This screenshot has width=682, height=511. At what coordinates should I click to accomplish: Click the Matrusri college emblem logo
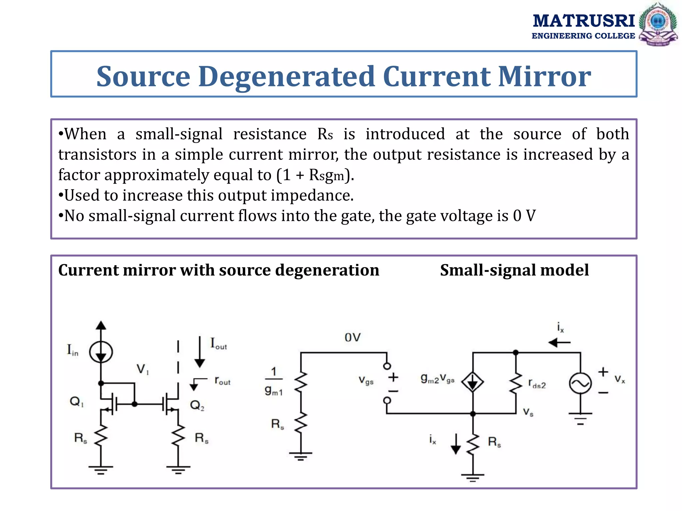tap(658, 24)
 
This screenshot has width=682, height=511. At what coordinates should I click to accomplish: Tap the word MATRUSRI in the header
tap(584, 21)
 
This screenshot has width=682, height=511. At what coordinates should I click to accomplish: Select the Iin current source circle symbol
tap(101, 352)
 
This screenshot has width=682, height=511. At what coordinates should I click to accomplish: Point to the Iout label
tap(218, 343)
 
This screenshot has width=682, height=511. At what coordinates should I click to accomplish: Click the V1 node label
tap(143, 369)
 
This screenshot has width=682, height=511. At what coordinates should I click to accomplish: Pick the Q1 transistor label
tap(77, 402)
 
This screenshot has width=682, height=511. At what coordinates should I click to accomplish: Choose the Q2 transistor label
tap(197, 405)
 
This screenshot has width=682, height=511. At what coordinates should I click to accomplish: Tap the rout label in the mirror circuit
tap(222, 381)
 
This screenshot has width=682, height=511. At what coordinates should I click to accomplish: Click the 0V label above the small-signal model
tap(352, 338)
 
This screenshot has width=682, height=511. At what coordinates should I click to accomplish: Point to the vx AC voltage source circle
tap(580, 383)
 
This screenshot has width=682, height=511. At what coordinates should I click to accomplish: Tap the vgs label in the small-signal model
tap(366, 380)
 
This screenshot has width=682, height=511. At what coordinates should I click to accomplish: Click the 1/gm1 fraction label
tap(274, 381)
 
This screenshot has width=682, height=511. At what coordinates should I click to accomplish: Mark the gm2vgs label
tap(437, 379)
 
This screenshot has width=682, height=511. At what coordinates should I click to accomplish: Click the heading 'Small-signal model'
tap(514, 270)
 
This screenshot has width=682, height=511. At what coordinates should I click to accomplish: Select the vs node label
tap(528, 412)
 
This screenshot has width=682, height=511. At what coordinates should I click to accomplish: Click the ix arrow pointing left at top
tap(559, 342)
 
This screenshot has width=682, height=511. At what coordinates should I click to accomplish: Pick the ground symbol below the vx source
tap(580, 419)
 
